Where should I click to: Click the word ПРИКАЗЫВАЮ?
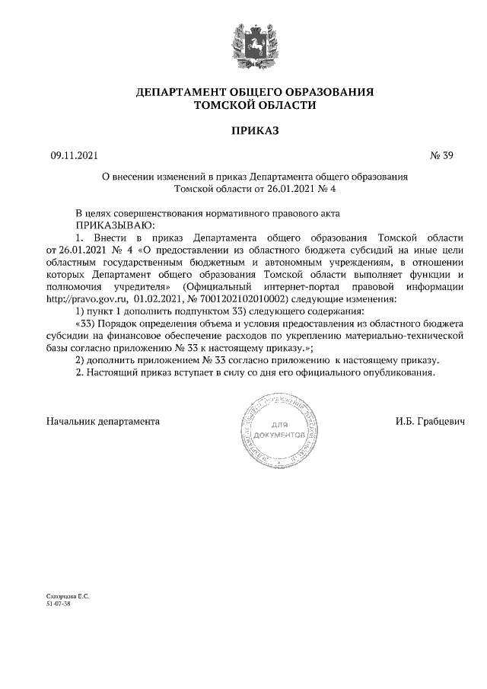(114, 225)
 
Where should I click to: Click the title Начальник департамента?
(103, 420)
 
